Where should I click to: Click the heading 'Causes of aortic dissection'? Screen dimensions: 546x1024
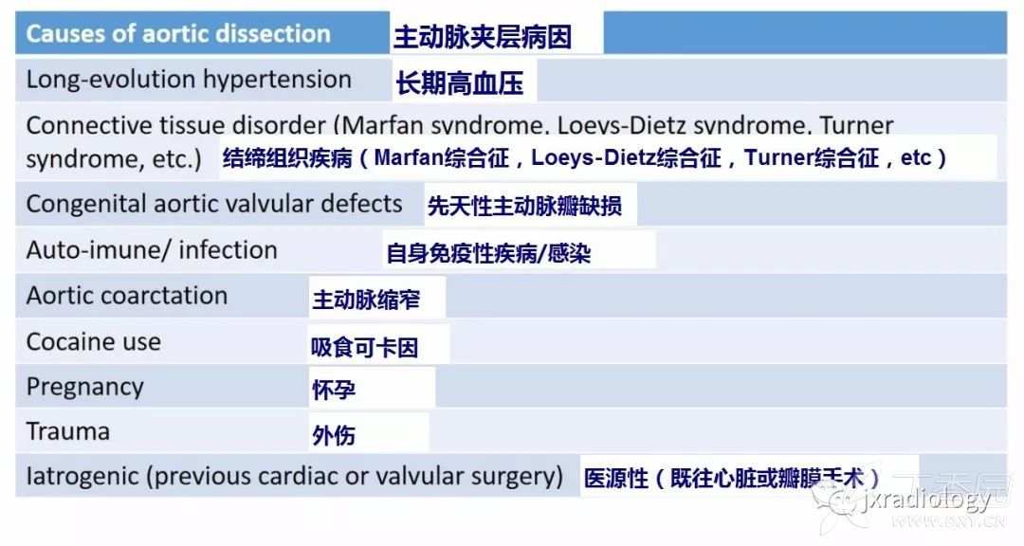[178, 35]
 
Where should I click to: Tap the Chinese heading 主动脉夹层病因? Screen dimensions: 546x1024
[483, 38]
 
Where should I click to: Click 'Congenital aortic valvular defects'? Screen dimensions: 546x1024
[214, 204]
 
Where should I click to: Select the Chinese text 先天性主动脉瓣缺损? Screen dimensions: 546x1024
[524, 206]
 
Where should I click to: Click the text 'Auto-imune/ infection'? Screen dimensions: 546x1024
[152, 250]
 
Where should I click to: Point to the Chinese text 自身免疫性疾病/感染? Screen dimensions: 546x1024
[488, 253]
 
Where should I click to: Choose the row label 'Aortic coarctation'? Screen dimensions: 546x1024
[127, 296]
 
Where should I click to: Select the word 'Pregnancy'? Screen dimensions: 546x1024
[85, 387]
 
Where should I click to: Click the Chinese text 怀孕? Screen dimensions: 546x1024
[334, 391]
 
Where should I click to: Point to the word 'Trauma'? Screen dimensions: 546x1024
[68, 432]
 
